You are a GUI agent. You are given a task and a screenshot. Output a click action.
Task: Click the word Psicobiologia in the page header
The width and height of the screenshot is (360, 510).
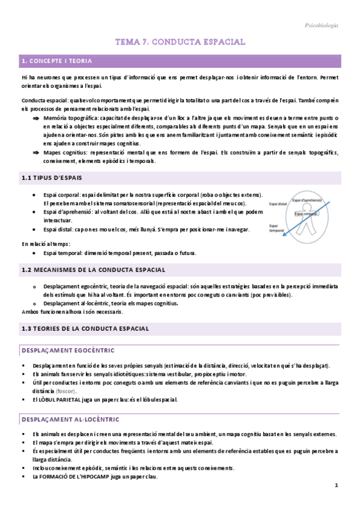pos(322,25)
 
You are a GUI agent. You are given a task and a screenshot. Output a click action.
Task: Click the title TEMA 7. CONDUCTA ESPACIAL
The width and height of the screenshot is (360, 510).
pos(180,42)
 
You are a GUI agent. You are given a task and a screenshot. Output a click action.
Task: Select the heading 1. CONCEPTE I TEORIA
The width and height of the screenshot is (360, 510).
pos(57,61)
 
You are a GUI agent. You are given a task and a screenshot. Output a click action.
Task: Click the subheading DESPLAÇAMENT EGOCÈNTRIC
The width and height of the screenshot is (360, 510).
pos(67,350)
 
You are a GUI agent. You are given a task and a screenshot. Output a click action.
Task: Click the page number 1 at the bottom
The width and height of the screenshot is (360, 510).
pos(336,485)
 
